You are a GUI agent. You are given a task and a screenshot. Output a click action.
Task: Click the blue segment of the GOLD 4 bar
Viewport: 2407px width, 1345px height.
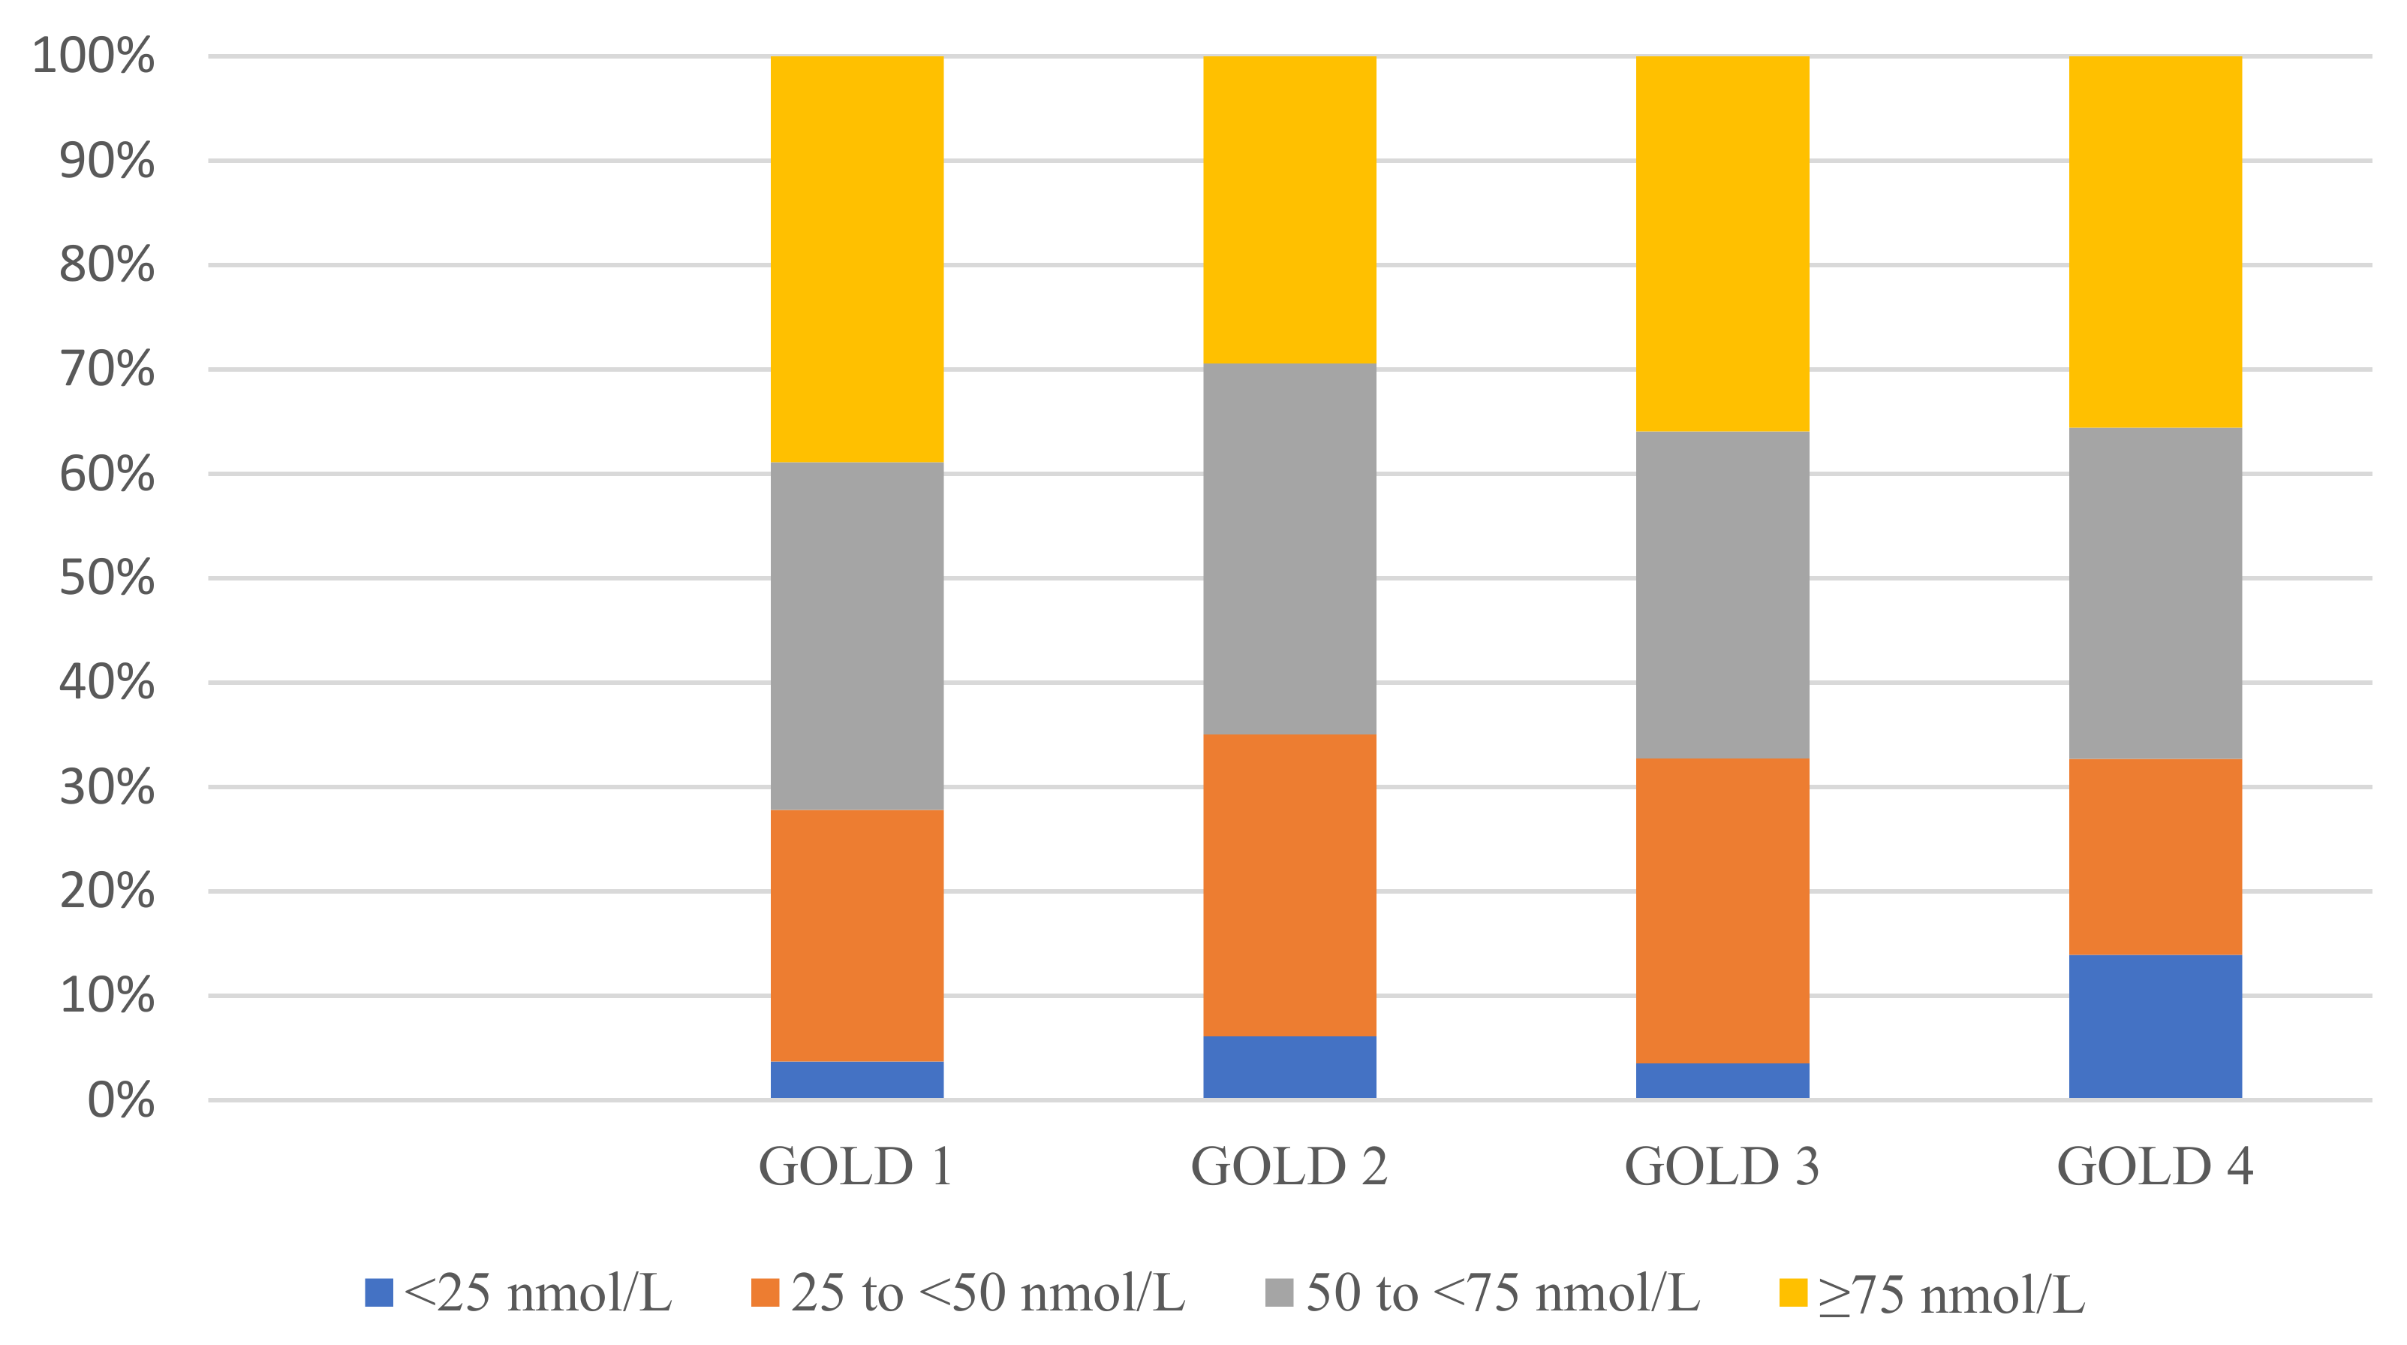point(2155,1027)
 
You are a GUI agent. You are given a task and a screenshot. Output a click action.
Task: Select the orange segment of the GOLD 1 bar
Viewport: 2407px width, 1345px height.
point(857,935)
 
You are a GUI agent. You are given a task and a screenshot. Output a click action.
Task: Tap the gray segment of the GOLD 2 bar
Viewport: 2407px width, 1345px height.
point(1289,549)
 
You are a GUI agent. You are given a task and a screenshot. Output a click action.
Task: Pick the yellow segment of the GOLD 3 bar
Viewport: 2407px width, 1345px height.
point(1722,243)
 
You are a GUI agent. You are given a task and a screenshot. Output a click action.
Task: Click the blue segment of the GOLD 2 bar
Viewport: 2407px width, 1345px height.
point(1289,1066)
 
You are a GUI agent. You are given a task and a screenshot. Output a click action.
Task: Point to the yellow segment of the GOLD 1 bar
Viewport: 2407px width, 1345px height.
point(857,259)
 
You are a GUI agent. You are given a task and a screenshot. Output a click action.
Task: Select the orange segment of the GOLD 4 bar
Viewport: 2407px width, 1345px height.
point(2155,856)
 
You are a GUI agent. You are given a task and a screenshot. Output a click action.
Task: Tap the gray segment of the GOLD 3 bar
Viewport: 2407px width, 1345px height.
point(1722,595)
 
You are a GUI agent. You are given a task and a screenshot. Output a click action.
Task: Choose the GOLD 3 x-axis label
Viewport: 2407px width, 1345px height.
point(1721,1166)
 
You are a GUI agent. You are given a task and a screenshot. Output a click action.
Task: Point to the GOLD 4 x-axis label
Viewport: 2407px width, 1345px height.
point(2155,1166)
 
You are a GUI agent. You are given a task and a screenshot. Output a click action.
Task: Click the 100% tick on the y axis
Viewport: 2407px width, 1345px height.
point(93,56)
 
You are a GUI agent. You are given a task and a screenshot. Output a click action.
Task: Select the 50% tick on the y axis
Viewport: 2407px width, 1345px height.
point(107,578)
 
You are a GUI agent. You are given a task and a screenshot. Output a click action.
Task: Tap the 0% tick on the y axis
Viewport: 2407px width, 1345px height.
point(121,1100)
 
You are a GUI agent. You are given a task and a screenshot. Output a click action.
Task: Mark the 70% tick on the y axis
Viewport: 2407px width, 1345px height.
point(107,369)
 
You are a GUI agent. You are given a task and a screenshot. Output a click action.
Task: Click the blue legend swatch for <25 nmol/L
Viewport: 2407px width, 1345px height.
point(378,1292)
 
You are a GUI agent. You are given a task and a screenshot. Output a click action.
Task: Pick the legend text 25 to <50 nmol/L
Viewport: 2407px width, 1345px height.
point(988,1292)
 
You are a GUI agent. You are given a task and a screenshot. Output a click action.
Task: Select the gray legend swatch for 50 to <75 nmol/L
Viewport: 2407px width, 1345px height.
point(1279,1292)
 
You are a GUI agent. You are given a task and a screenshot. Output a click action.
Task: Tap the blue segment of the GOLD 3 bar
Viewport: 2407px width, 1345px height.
point(1722,1081)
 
